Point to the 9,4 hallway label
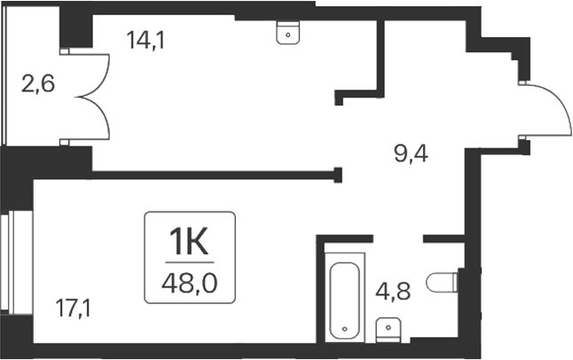pos(411,156)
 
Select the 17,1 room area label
pos(75,309)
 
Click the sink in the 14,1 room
pos(287,33)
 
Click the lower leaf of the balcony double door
pos(96,121)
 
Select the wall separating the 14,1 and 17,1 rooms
pos(213,175)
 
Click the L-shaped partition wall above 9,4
pos(380,89)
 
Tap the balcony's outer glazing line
pos(4,80)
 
